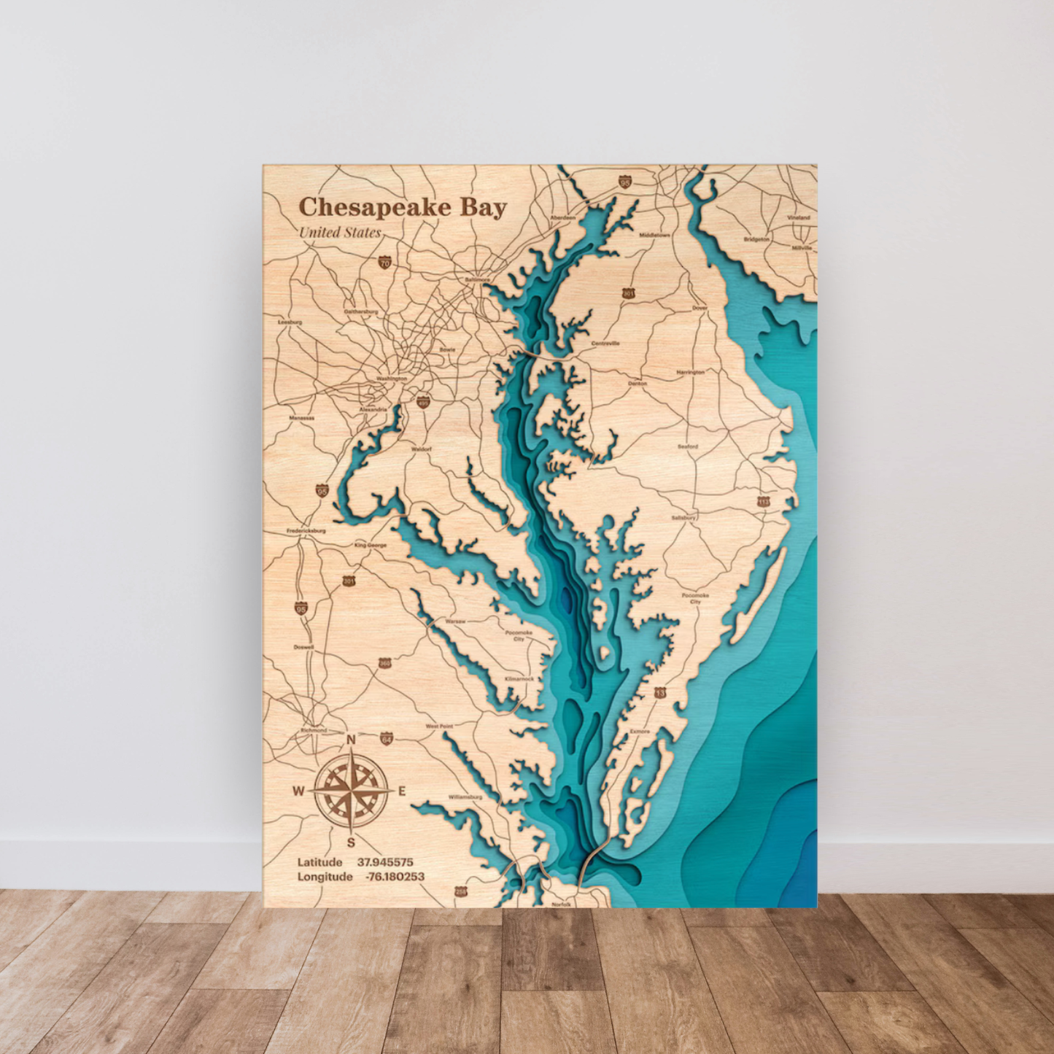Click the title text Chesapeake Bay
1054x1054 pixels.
tap(403, 208)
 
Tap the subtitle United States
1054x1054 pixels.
tap(340, 233)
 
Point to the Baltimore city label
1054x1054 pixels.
tap(478, 279)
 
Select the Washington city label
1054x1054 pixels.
tap(392, 379)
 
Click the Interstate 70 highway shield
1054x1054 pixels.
tap(384, 262)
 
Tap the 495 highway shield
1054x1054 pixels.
tap(423, 402)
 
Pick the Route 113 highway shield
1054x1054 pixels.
tap(763, 501)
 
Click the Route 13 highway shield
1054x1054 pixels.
tap(660, 692)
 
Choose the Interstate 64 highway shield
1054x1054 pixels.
tap(387, 739)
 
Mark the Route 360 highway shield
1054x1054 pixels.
tap(384, 663)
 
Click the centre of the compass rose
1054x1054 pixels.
tap(351, 791)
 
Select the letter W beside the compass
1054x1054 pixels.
tap(299, 791)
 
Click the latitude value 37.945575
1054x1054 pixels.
tap(385, 862)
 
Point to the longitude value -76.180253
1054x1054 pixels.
tap(395, 877)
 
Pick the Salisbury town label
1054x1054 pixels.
tap(683, 518)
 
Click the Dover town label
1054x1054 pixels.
tap(700, 309)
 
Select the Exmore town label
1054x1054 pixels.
tap(640, 731)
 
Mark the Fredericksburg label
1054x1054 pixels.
tap(306, 531)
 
